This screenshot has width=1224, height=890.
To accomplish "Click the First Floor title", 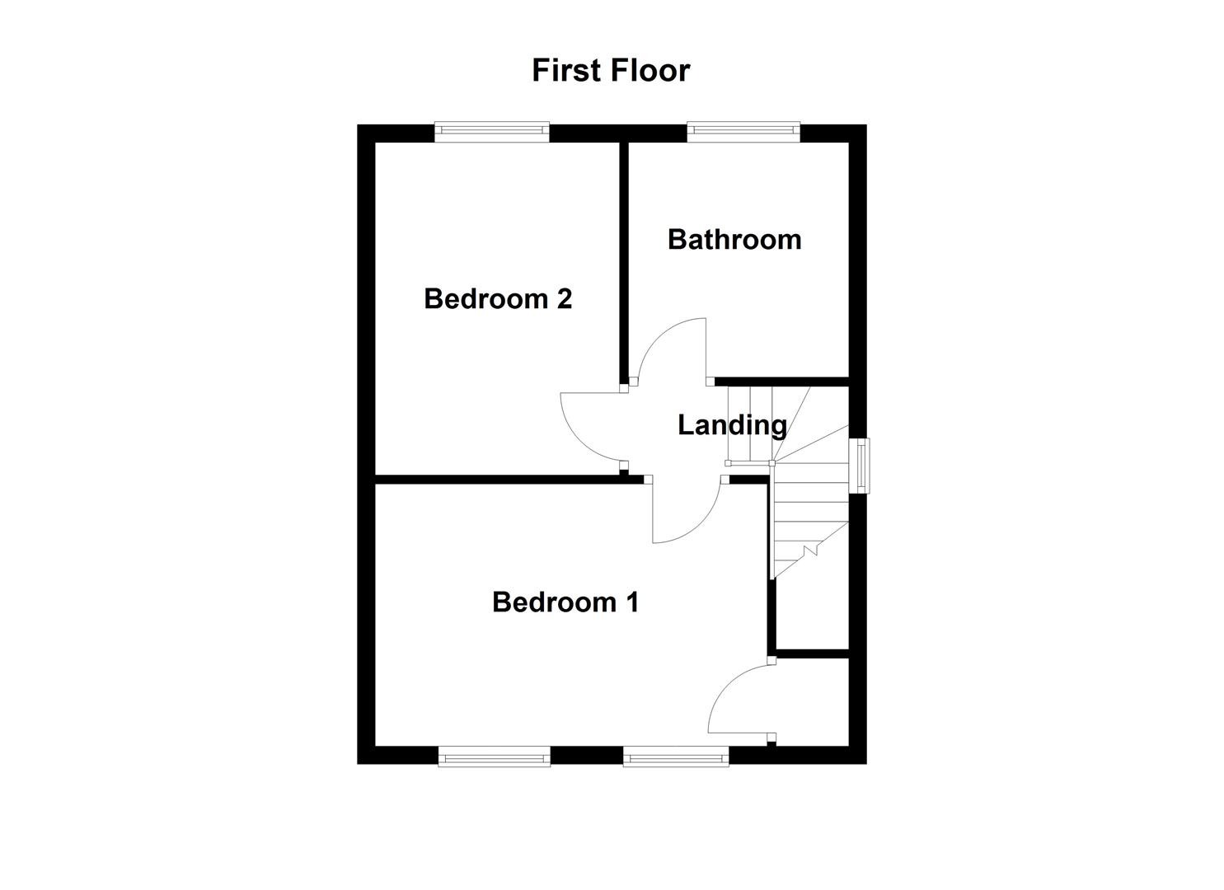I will click(610, 71).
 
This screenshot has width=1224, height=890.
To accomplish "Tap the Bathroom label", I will click(734, 240).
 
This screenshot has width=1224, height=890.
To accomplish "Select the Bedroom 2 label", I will click(497, 298).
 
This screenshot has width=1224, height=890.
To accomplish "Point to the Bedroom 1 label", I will click(565, 602).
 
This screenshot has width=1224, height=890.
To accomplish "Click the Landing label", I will click(732, 425).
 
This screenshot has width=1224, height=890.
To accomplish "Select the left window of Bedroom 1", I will click(494, 756).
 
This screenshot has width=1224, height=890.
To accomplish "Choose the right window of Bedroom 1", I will click(676, 756).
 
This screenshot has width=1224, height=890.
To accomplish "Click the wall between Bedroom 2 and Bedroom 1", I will click(503, 479).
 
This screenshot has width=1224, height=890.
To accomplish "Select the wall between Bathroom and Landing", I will click(783, 382).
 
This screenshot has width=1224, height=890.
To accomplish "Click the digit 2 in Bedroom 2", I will click(564, 298).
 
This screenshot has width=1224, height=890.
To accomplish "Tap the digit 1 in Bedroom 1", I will click(632, 602).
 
